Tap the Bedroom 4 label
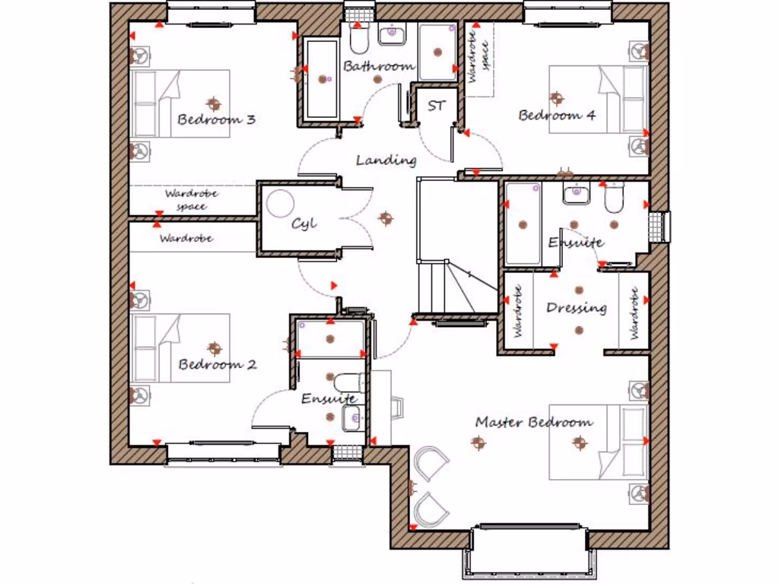coord(557,116)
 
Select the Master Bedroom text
coord(533,422)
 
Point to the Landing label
coord(386,160)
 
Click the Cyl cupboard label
coord(304,224)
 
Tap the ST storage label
coord(435,106)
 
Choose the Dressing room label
coord(577,308)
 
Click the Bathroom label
coord(379,66)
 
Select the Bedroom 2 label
coord(218,364)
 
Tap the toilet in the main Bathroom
coord(359,35)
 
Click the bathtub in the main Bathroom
coord(322,79)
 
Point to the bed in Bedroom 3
coord(181,103)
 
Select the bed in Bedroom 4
coord(597,100)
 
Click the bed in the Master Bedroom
coord(597,441)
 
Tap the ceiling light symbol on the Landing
coord(386,219)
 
